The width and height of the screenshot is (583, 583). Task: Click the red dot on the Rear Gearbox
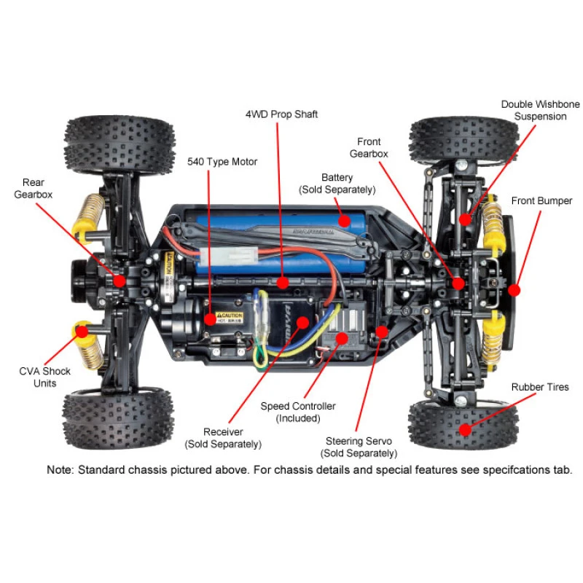coord(118,279)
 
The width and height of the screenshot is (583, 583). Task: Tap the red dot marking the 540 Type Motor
coord(210,318)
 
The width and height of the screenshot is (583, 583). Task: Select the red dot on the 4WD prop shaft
coord(282,279)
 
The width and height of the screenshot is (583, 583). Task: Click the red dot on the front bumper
coord(514,289)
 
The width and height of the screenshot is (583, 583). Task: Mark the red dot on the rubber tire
coord(463,431)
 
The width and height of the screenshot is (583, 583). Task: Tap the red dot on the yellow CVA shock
coord(82,332)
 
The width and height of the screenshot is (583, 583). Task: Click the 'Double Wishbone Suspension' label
coord(533,110)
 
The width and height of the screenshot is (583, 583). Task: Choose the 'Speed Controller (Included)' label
coord(298,412)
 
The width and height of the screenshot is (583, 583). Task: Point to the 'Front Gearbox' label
coord(369,147)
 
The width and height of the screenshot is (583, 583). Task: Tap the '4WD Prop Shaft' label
coord(281,114)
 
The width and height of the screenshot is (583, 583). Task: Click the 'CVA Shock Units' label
coord(45,377)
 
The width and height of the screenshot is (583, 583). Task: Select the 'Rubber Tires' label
coord(539,387)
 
